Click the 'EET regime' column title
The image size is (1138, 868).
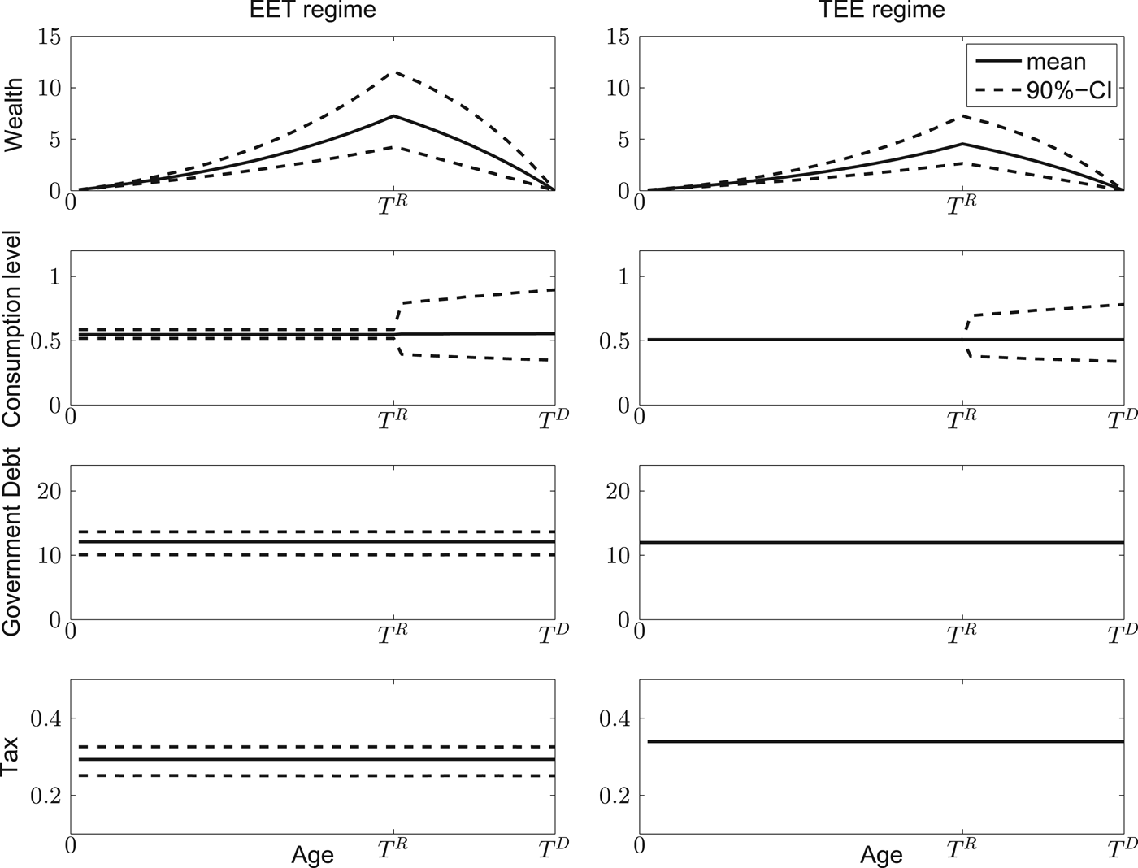pyautogui.click(x=312, y=11)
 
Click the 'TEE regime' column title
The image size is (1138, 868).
pyautogui.click(x=881, y=11)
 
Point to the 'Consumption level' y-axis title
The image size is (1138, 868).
pyautogui.click(x=14, y=328)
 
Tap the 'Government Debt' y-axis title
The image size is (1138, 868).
pyautogui.click(x=14, y=541)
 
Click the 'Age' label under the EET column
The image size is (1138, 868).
pyautogui.click(x=312, y=855)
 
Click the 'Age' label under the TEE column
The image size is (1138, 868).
pyautogui.click(x=881, y=855)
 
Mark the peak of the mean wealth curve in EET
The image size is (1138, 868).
pyautogui.click(x=393, y=116)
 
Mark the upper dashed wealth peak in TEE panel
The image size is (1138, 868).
pyautogui.click(x=962, y=115)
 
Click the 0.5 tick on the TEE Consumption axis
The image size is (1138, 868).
pyautogui.click(x=615, y=341)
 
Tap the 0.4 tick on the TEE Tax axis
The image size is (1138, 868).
pyautogui.click(x=615, y=718)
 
